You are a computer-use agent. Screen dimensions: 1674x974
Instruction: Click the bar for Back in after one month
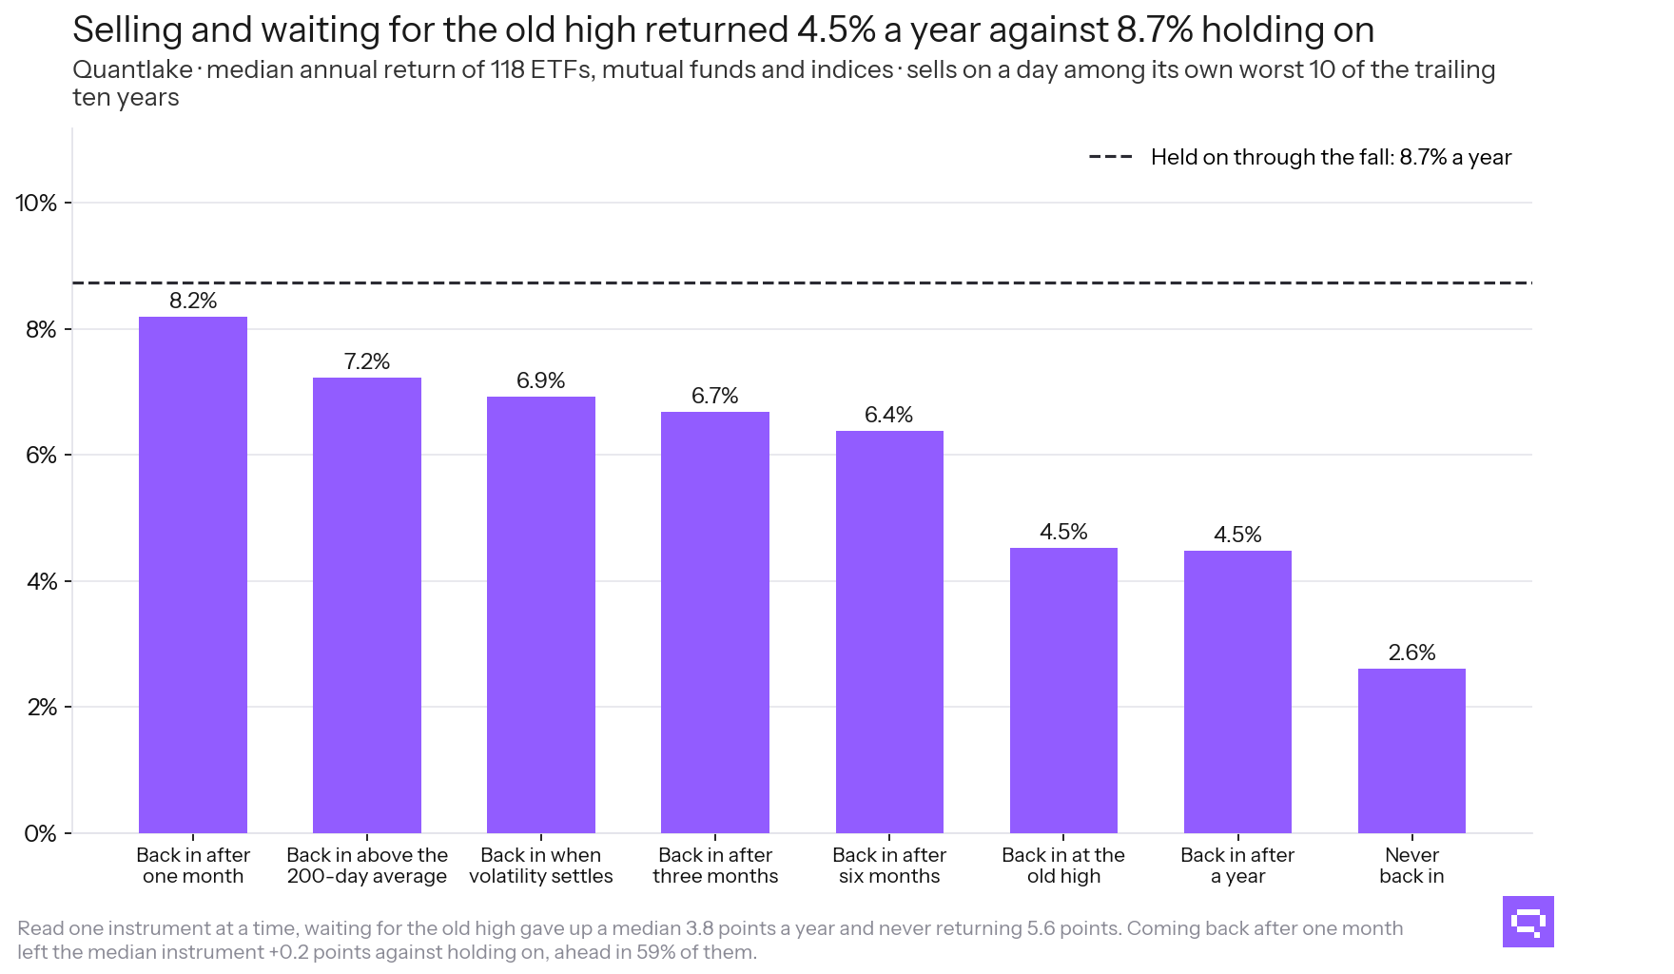coord(193,575)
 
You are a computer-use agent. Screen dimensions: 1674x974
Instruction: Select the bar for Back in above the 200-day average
coord(367,605)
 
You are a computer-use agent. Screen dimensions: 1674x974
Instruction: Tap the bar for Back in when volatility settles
coord(541,614)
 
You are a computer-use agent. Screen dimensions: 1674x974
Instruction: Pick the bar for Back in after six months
coord(889,632)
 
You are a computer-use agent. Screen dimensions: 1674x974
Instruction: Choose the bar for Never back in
coord(1411,750)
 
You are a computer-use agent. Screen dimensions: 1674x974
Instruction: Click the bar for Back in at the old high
coord(1063,691)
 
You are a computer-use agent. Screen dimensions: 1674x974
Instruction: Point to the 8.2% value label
coord(193,301)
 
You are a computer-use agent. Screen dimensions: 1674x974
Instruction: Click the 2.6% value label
coord(1411,653)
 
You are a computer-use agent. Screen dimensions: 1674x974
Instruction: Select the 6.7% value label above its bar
coord(715,396)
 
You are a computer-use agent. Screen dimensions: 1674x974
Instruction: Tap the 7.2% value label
coord(367,361)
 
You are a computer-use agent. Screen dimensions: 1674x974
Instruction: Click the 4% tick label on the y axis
coord(42,581)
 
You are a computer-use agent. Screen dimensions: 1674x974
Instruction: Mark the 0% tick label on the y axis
coord(41,834)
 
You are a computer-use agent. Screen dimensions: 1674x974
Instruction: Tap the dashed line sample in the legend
coord(1110,157)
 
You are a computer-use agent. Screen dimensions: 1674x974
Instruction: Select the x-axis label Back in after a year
coord(1237,866)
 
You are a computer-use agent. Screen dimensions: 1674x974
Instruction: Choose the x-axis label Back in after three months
coord(715,866)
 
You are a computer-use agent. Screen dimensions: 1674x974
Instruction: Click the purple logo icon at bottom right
coord(1528,922)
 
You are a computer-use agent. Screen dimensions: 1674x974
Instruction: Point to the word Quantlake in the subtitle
coord(133,70)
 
